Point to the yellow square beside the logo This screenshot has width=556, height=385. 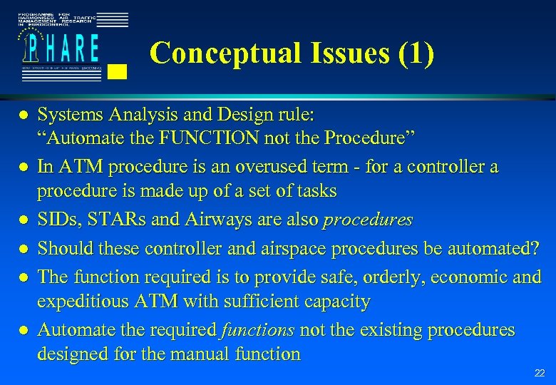[x=119, y=71]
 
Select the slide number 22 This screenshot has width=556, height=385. [x=540, y=374]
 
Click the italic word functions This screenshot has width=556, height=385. [x=258, y=330]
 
